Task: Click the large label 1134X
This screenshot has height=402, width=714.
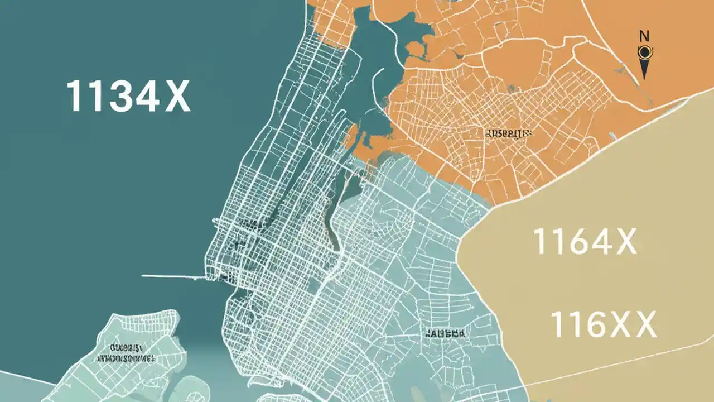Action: point(128,96)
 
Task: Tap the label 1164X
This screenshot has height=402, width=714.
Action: point(585,241)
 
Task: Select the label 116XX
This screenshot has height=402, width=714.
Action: point(603,324)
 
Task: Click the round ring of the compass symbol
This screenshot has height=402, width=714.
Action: point(644,53)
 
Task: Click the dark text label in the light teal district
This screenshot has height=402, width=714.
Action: point(445,333)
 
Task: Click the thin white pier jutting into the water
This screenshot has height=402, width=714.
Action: point(173,276)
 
